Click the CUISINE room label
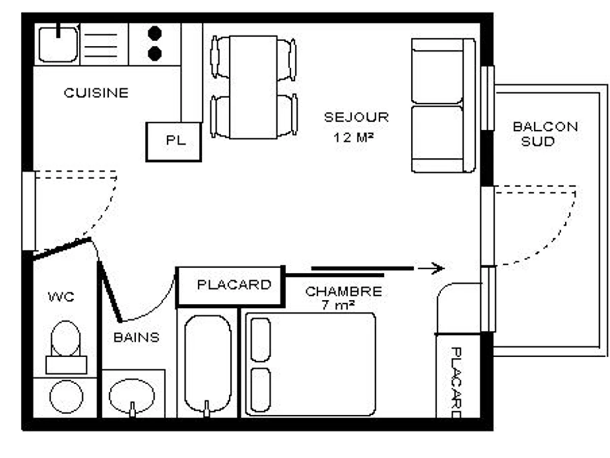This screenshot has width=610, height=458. click(x=96, y=93)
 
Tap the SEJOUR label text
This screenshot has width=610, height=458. click(x=356, y=118)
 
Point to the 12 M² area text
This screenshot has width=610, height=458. click(x=353, y=137)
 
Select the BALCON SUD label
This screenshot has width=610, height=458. click(x=545, y=134)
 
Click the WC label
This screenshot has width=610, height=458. click(x=61, y=297)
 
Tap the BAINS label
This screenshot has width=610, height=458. click(x=136, y=337)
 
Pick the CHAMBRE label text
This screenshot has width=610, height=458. click(x=344, y=292)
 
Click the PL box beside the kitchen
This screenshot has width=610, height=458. click(x=174, y=142)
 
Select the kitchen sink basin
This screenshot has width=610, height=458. click(x=58, y=44)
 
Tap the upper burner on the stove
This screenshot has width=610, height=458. click(x=155, y=33)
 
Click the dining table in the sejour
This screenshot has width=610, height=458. click(x=253, y=87)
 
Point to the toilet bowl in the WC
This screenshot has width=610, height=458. click(x=66, y=338)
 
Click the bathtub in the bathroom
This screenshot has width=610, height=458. click(x=208, y=364)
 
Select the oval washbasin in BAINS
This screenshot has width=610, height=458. click(x=132, y=396)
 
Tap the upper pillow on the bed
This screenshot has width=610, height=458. click(x=261, y=340)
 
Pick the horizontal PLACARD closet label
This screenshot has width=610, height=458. click(x=234, y=285)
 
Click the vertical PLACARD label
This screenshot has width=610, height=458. click(x=456, y=382)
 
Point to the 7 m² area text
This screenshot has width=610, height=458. click(x=338, y=305)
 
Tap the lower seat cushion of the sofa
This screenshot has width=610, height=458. click(x=437, y=133)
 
